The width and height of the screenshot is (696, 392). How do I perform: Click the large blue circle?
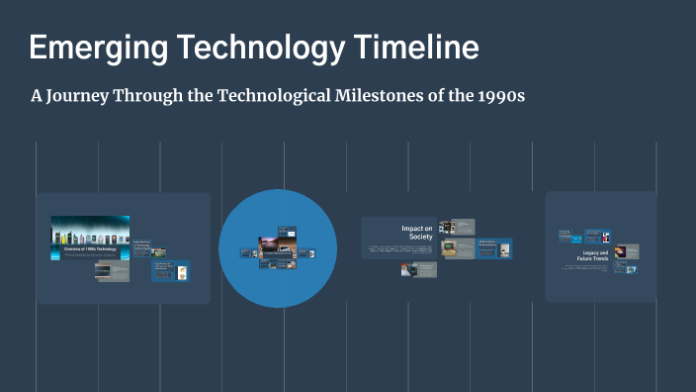pyautogui.click(x=277, y=287)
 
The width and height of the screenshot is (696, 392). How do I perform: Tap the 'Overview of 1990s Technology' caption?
pyautogui.click(x=90, y=249)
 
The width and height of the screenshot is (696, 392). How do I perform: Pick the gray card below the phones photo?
pyautogui.click(x=112, y=270)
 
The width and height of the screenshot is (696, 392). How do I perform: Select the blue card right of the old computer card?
pyautogui.click(x=493, y=249)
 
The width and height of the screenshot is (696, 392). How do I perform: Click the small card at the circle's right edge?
pyautogui.click(x=311, y=253)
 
